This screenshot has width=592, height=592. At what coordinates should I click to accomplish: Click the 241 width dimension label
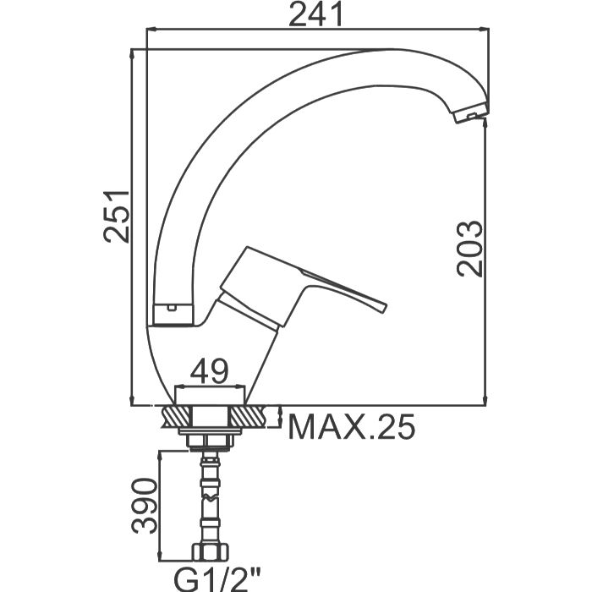pos(315,14)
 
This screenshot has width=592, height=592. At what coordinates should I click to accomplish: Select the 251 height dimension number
pos(117,217)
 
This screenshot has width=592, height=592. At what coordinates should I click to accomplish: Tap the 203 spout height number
pos(470,249)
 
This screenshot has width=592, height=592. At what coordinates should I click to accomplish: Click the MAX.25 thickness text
pos(352,427)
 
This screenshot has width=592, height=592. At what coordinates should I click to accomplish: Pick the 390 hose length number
pos(145,506)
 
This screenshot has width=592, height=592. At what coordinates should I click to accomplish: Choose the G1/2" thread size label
pos(217,579)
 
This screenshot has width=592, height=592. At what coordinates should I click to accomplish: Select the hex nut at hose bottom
pos(211,552)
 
